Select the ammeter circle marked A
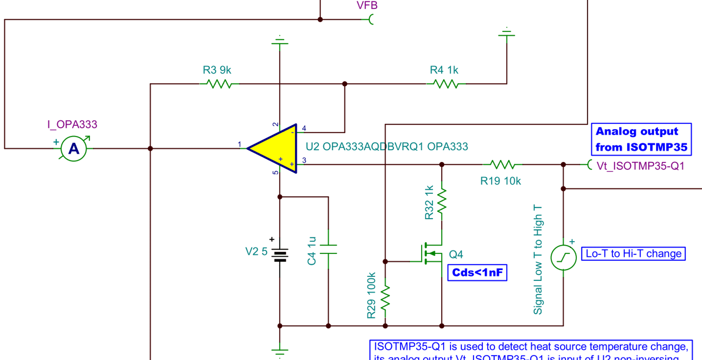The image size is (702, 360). pyautogui.click(x=74, y=149)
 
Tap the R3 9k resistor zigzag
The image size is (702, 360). pyautogui.click(x=219, y=83)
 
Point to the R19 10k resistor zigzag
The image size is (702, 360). pyautogui.click(x=503, y=165)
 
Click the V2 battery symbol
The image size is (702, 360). pyautogui.click(x=280, y=255)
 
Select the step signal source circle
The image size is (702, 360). pyautogui.click(x=563, y=257)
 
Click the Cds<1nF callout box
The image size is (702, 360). pyautogui.click(x=477, y=273)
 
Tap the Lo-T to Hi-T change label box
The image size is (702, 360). pyautogui.click(x=633, y=254)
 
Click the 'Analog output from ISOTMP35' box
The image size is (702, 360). pyautogui.click(x=641, y=139)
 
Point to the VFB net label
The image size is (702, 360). pyautogui.click(x=367, y=5)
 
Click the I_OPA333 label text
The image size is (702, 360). pyautogui.click(x=72, y=124)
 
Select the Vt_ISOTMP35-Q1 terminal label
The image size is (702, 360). pyautogui.click(x=640, y=166)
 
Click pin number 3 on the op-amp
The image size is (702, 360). pyautogui.click(x=304, y=160)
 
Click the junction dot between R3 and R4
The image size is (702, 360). pyautogui.click(x=344, y=83)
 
